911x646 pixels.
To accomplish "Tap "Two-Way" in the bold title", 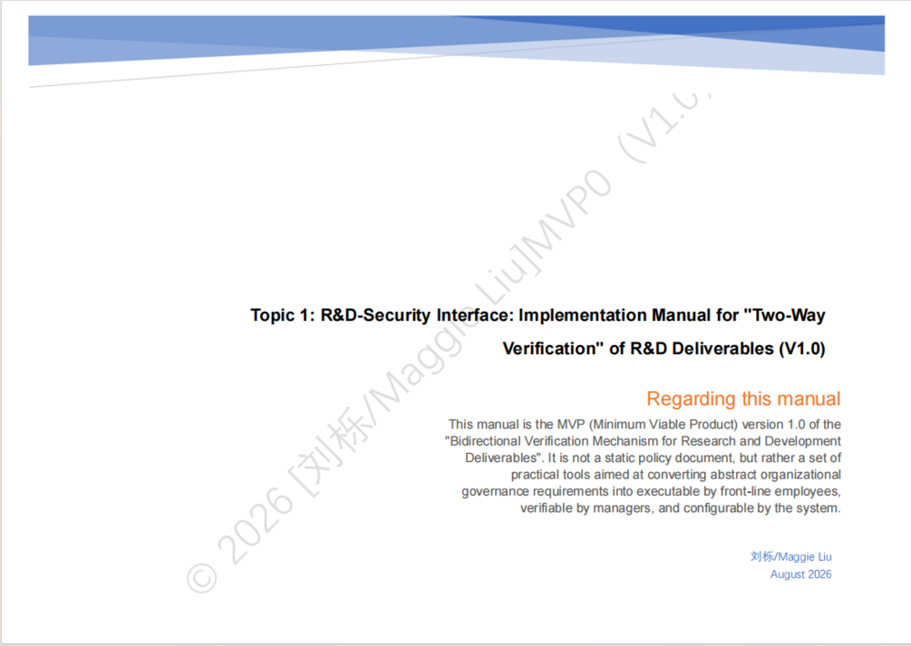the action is pyautogui.click(x=789, y=315).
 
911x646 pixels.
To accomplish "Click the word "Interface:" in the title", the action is pyautogui.click(x=475, y=315).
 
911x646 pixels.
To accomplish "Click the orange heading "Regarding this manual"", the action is pyautogui.click(x=743, y=399).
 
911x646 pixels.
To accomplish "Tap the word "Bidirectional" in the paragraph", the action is pyautogui.click(x=489, y=441).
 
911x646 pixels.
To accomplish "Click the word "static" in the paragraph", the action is pyautogui.click(x=621, y=458).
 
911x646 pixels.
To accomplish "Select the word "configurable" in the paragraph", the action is pyautogui.click(x=719, y=508).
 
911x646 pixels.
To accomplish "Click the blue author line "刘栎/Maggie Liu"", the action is pyautogui.click(x=790, y=556).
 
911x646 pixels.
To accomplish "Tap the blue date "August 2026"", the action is pyautogui.click(x=800, y=574).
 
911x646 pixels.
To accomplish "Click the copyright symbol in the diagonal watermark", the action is pyautogui.click(x=202, y=579).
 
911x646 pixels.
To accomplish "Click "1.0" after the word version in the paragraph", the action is pyautogui.click(x=796, y=425).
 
